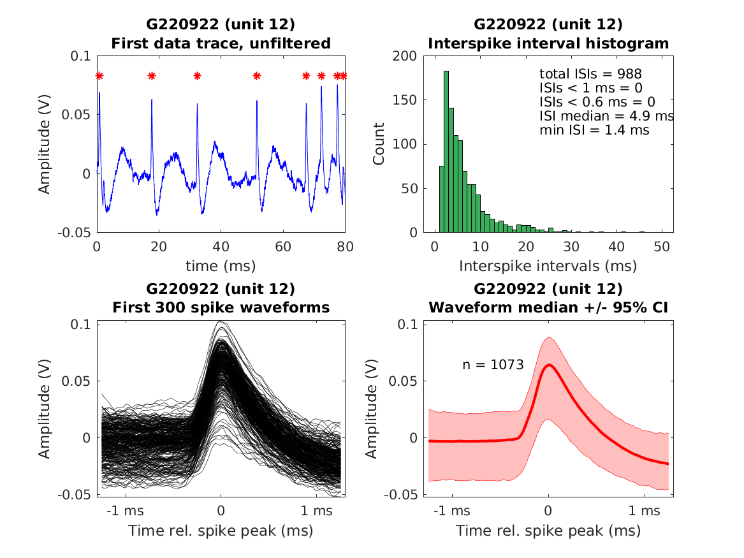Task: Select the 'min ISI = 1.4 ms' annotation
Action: pos(594,130)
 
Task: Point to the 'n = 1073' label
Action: pos(493,365)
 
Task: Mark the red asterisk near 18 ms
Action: pos(152,77)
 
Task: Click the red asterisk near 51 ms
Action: pos(257,77)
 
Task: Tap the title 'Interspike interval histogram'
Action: pos(548,43)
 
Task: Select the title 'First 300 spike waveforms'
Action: pos(221,307)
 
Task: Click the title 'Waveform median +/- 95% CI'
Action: pos(548,307)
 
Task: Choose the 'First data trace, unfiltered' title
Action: pos(221,43)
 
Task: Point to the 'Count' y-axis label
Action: pos(379,144)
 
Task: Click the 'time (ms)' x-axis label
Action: pos(221,265)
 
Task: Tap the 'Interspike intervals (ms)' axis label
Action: pos(548,265)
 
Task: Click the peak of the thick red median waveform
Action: pos(549,365)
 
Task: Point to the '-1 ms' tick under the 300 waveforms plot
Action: pos(125,511)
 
